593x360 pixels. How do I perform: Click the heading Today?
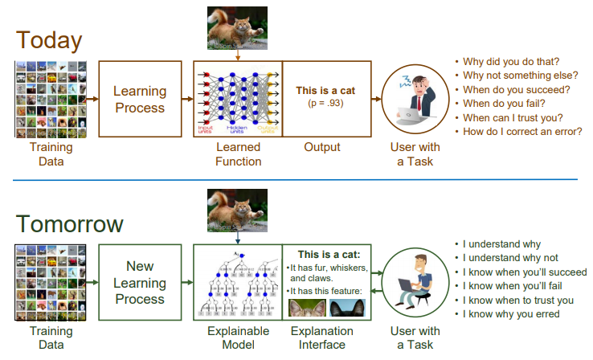coord(49,39)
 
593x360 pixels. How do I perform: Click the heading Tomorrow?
coord(70,223)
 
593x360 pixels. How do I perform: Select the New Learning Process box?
coord(139,282)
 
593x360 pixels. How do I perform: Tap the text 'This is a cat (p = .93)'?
coord(325,97)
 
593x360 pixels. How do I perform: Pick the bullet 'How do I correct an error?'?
coord(521,132)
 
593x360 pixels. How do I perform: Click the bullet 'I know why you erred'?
coord(511,314)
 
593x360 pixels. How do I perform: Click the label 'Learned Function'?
coord(238,154)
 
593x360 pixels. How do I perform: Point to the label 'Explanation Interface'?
coord(322,337)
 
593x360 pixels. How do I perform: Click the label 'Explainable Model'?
coord(238,337)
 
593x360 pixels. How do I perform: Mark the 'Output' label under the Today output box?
coord(322,147)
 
